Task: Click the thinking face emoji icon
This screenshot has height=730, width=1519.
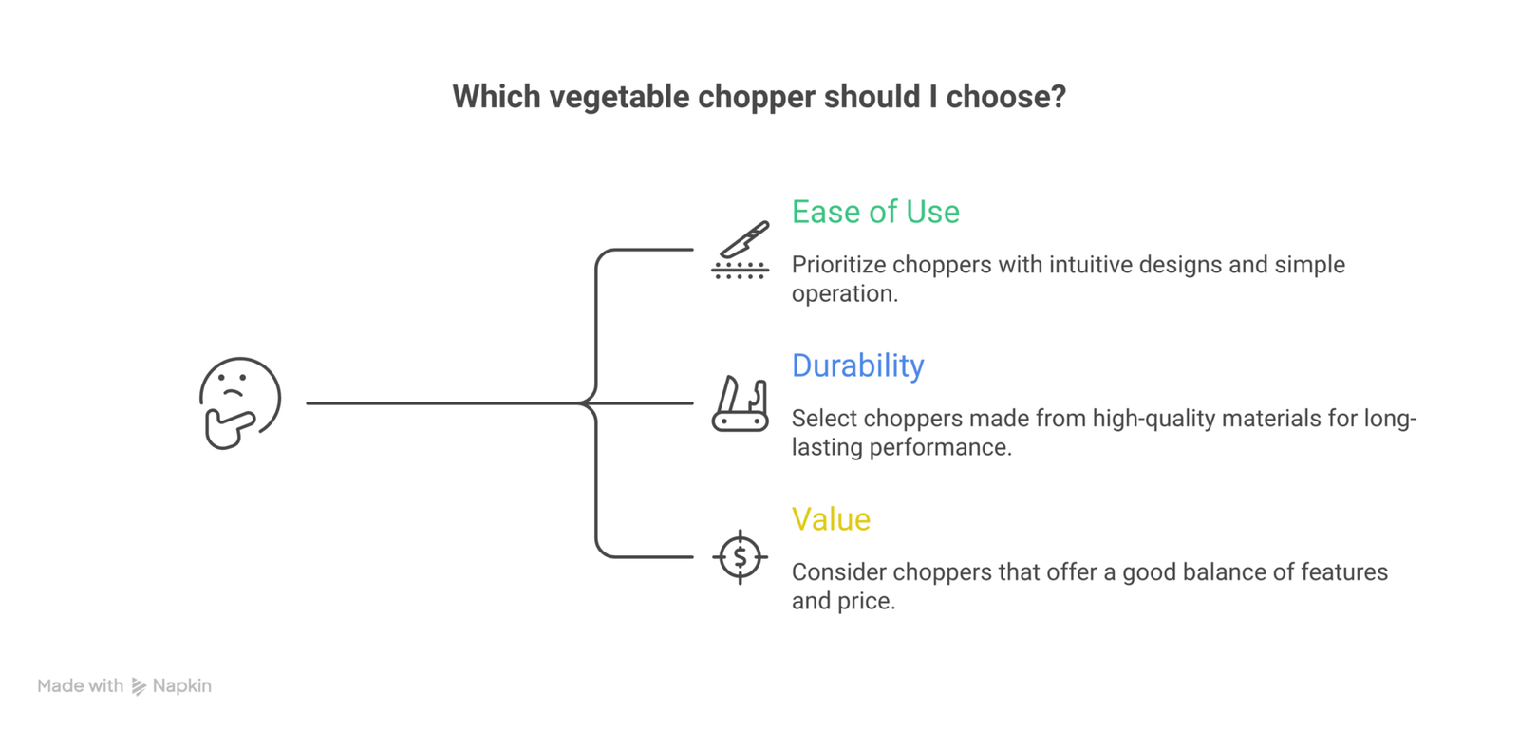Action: pos(240,402)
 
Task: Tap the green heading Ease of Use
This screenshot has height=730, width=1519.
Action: pos(875,212)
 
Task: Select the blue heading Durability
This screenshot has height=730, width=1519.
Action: pos(858,366)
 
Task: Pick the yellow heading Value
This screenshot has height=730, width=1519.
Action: pos(831,520)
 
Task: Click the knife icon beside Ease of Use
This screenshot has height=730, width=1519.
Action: pos(740,250)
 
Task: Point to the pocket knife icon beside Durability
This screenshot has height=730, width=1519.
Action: pos(740,403)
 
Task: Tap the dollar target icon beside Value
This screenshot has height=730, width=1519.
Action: pos(740,557)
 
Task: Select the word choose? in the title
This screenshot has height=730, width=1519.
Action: pos(1006,96)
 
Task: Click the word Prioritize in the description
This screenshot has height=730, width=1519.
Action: pos(838,264)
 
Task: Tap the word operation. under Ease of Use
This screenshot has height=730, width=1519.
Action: pos(845,294)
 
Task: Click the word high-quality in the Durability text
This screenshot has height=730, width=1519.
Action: pos(1157,419)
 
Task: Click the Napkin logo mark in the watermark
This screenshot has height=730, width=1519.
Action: pos(139,686)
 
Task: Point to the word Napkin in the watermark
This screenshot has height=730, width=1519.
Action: pos(181,686)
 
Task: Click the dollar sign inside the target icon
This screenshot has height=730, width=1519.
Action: pos(740,557)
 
